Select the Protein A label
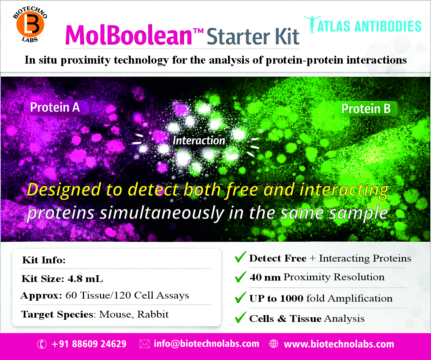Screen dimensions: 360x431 coord(55,107)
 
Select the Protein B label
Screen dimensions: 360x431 coord(366,109)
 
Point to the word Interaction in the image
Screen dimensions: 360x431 coord(199,140)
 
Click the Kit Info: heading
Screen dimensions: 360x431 coord(44,260)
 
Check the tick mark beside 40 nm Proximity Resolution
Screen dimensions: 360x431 coord(240,277)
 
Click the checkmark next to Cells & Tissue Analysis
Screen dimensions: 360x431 coord(240,318)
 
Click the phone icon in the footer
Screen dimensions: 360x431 coord(42,344)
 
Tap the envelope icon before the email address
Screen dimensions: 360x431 coord(144,344)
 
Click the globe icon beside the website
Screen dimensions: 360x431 coord(274,344)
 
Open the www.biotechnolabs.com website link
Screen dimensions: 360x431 coord(339,344)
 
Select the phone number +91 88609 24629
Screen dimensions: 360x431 coord(89,344)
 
